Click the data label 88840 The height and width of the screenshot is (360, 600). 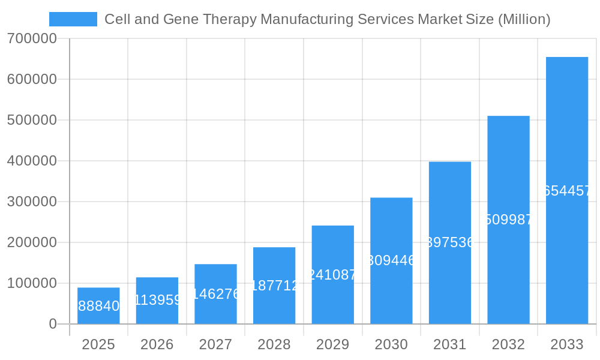[98, 307]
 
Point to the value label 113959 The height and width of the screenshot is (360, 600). [157, 300]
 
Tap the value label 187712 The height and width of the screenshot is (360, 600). [274, 286]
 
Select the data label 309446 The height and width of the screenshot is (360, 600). [391, 260]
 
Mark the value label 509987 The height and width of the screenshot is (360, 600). [508, 220]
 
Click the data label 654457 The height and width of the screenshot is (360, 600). [566, 191]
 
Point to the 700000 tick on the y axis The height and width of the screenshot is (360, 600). [32, 38]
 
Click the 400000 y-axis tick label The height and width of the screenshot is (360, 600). [32, 161]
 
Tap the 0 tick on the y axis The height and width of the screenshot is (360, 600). [52, 324]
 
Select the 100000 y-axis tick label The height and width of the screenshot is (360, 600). [32, 283]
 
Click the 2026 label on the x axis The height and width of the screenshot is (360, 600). [157, 344]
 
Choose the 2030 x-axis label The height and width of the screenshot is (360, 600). [391, 344]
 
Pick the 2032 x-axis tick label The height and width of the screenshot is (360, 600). [508, 344]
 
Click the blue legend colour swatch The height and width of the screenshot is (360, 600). [73, 19]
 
